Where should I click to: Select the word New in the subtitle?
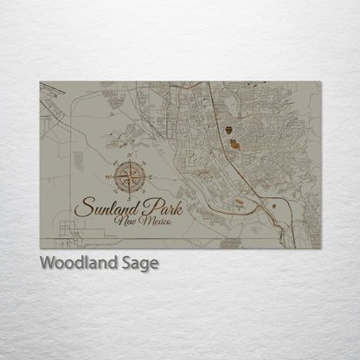(124, 222)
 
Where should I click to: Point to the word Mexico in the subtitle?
(152, 222)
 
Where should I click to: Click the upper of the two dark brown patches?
(228, 131)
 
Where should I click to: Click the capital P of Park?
(145, 205)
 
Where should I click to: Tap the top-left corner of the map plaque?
(40, 81)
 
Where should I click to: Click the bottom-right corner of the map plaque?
(321, 248)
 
